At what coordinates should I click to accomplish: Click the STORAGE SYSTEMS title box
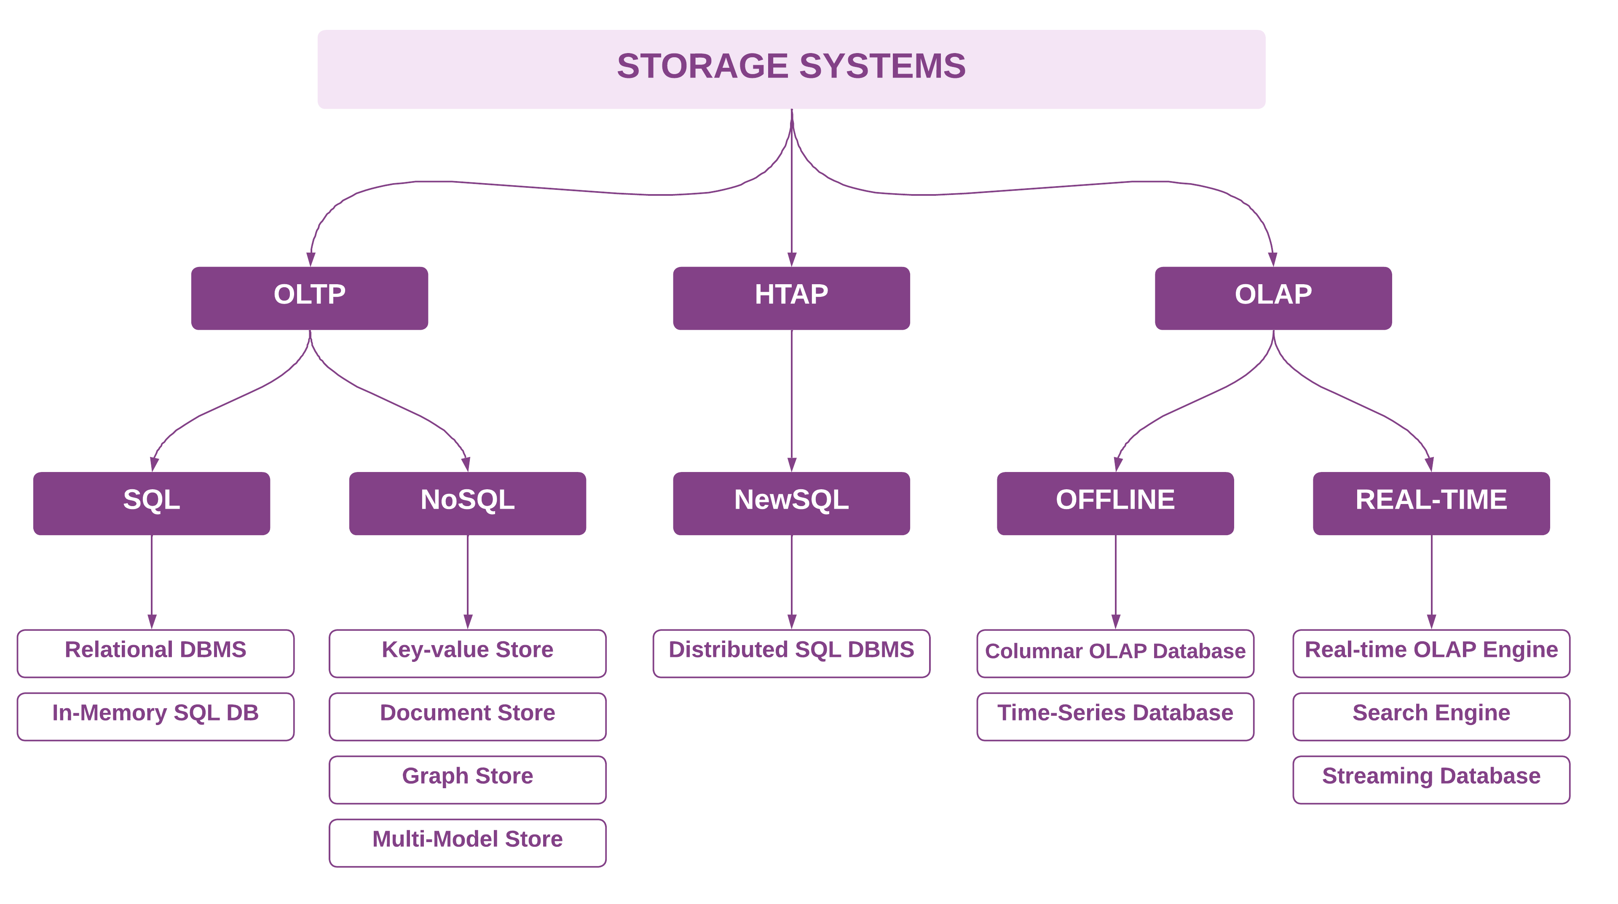[791, 69]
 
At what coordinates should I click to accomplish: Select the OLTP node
[310, 298]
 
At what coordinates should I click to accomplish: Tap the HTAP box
[791, 298]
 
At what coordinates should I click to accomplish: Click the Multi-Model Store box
[467, 843]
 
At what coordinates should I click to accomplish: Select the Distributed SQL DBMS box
[791, 653]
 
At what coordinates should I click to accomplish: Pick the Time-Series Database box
[1115, 716]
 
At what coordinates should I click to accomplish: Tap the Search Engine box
[1431, 716]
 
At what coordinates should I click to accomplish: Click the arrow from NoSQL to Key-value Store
[467, 581]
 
